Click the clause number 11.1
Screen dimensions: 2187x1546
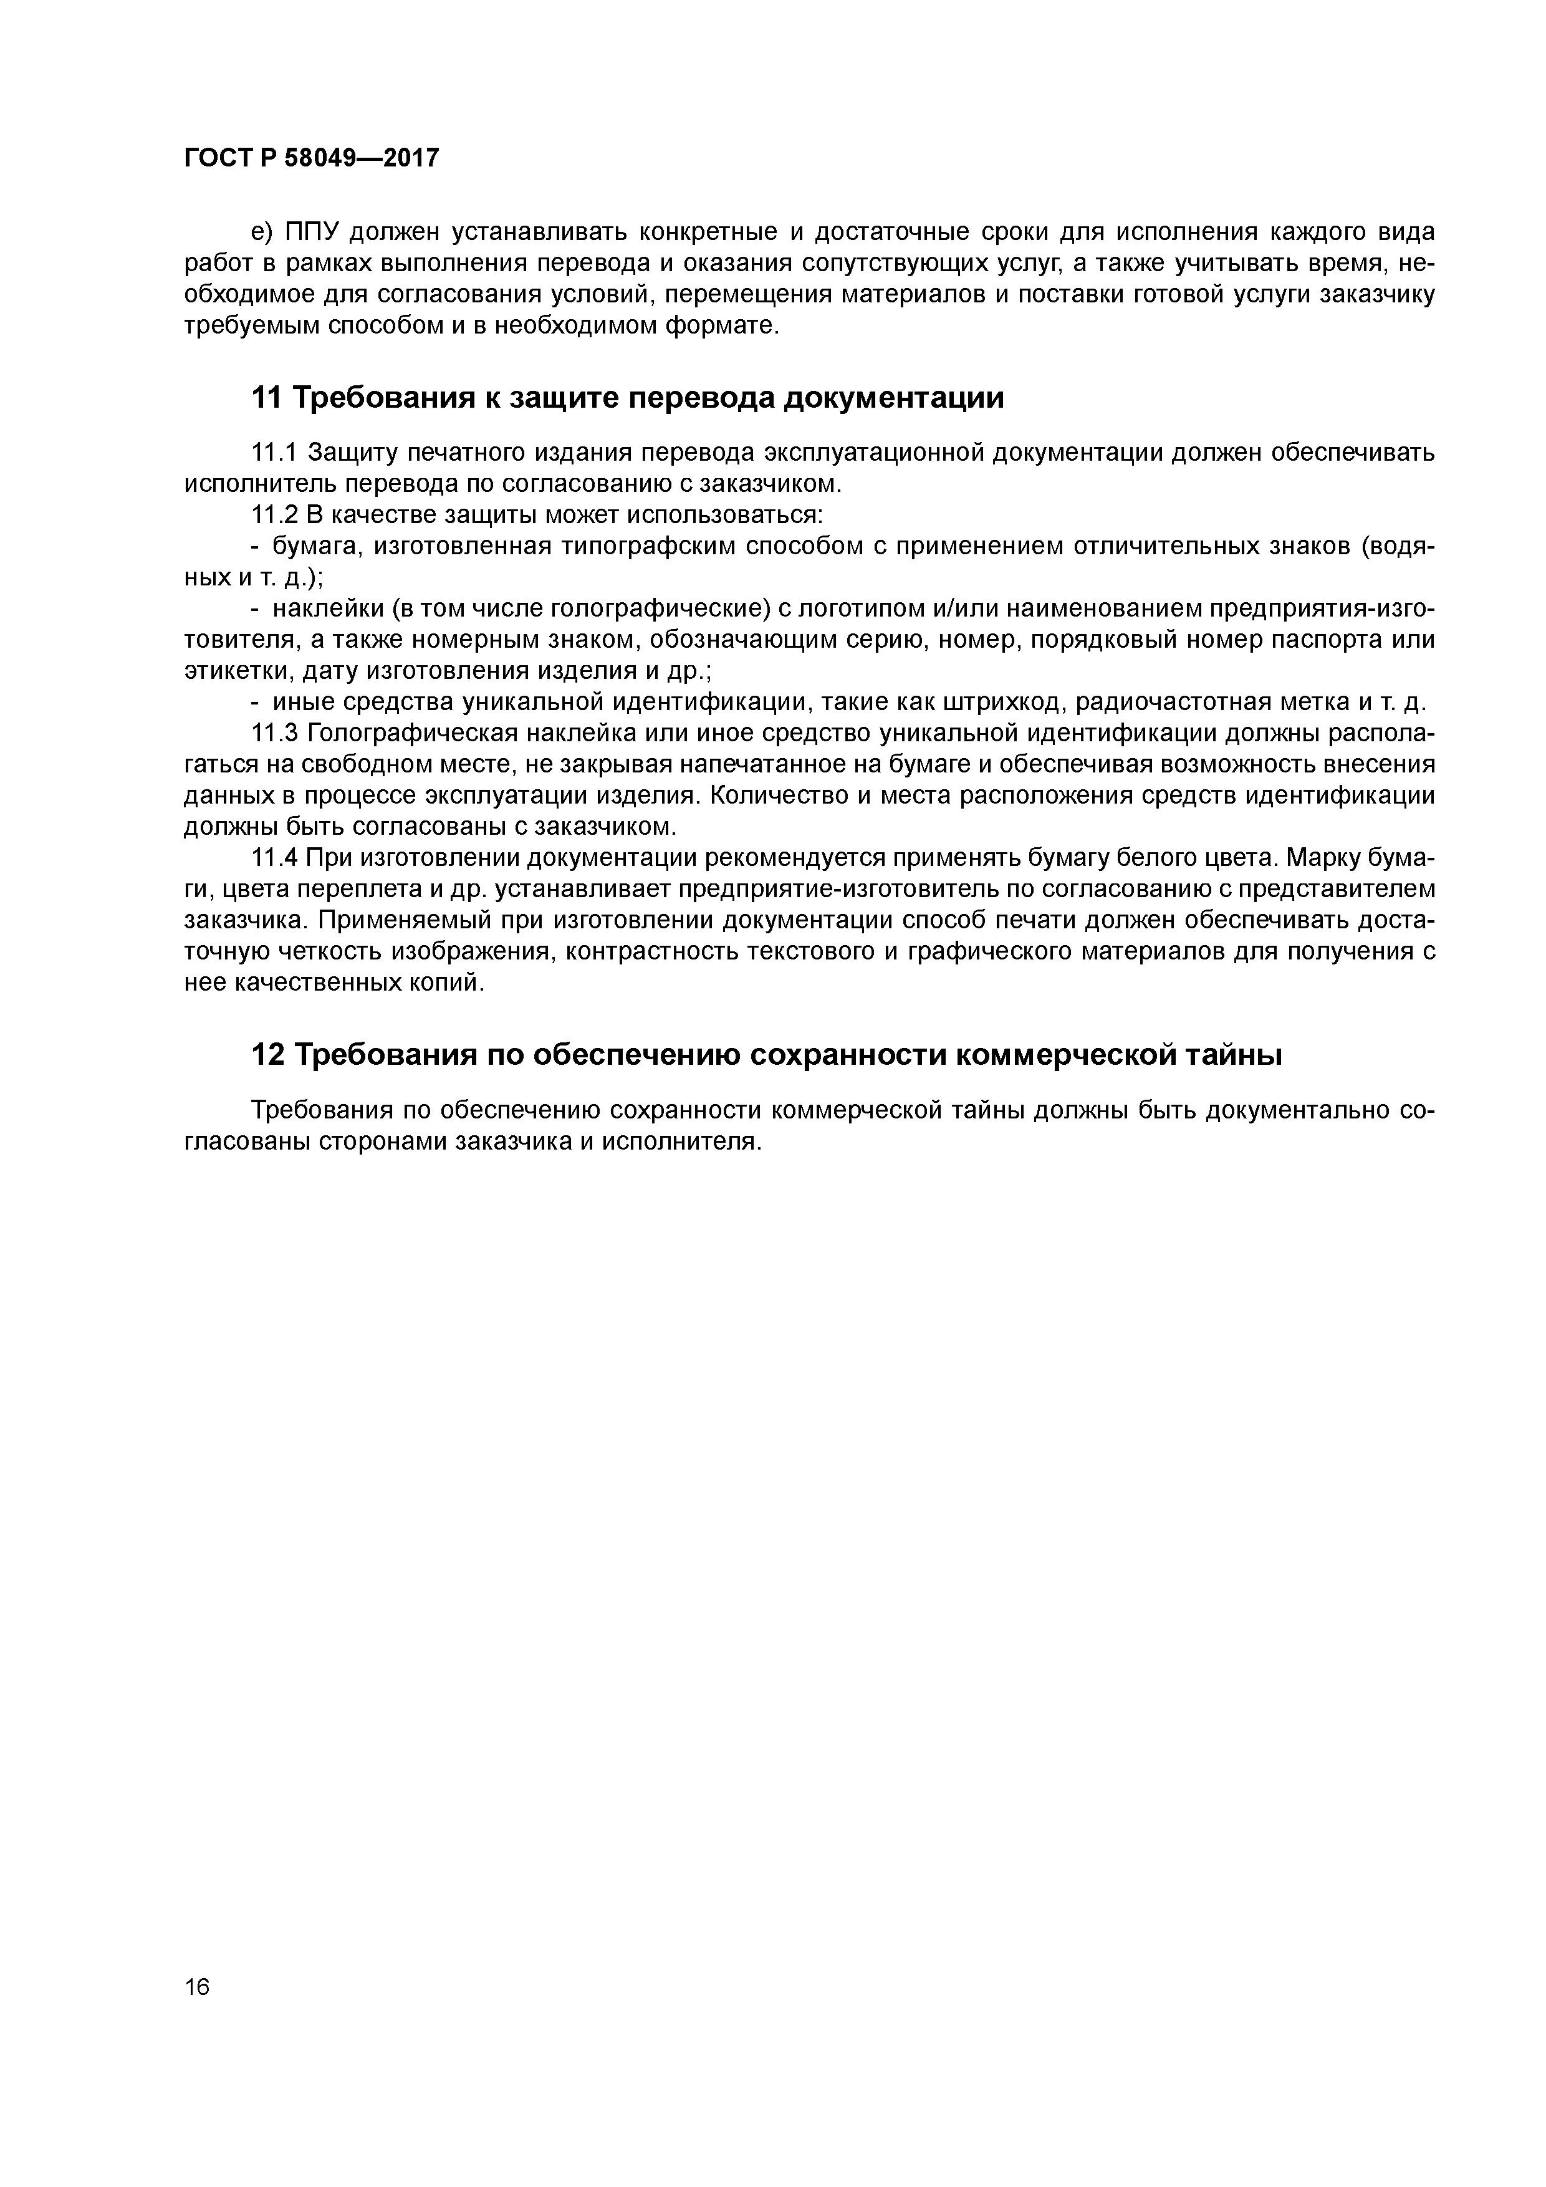tap(276, 453)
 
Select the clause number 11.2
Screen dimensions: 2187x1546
tap(276, 516)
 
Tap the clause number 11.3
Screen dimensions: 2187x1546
tap(276, 733)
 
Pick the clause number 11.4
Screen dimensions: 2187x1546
tap(276, 858)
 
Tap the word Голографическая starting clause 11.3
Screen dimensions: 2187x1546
tap(417, 733)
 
